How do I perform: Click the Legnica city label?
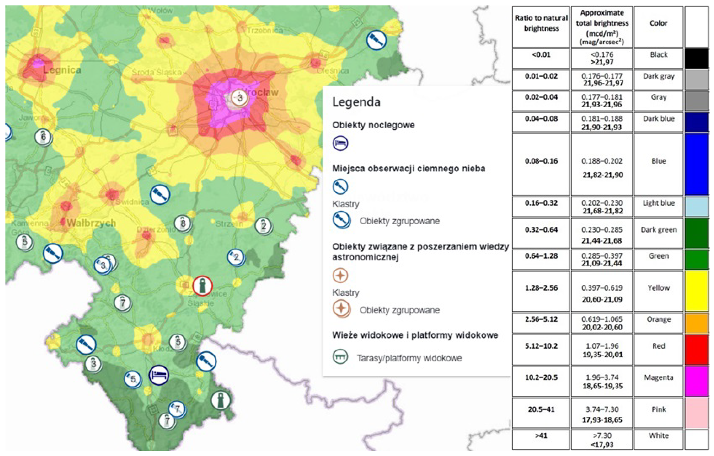(62, 70)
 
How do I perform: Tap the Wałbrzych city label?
(91, 223)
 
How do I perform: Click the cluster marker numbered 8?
(183, 223)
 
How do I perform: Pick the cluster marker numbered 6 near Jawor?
(43, 137)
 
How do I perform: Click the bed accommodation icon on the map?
(159, 375)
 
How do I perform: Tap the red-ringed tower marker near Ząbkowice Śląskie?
(203, 286)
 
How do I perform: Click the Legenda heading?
(356, 102)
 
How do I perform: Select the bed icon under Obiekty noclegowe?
(340, 143)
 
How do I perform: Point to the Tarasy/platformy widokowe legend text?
(409, 358)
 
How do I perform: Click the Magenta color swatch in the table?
(697, 381)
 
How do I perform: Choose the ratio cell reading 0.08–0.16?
(541, 161)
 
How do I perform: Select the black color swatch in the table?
(697, 58)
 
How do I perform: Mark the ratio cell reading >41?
(541, 436)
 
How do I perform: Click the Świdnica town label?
(132, 202)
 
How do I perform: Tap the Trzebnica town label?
(265, 31)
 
